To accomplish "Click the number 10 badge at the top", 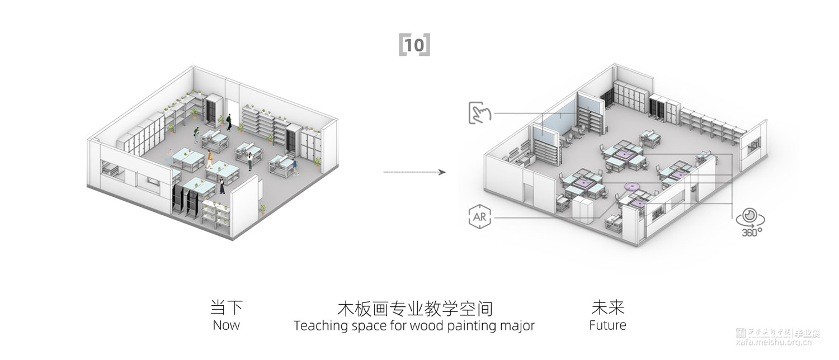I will [414, 45].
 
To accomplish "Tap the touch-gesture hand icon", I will [479, 112].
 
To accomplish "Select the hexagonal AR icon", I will [479, 216].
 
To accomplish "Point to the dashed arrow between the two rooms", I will [414, 172].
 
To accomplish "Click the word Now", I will [226, 325].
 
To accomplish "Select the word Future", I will [607, 325].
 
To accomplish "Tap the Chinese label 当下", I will [226, 308].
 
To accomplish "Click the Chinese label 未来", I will [607, 307].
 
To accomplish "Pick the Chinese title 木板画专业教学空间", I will [414, 308].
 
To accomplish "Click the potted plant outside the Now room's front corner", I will [262, 210].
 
